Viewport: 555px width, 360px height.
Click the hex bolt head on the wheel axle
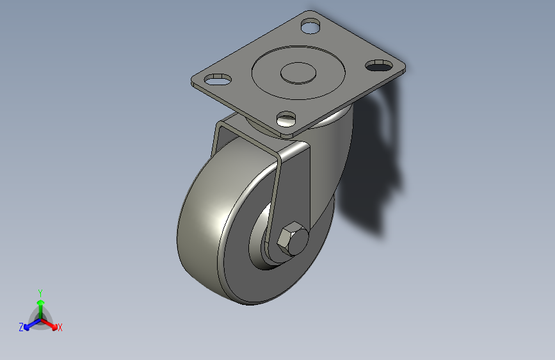(x=291, y=239)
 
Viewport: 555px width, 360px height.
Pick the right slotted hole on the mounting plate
(x=380, y=65)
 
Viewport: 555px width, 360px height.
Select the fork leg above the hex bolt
(x=294, y=186)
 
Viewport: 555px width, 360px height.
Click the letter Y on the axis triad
(x=40, y=292)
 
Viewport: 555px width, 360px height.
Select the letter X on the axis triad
(x=60, y=328)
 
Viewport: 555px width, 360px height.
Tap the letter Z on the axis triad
(x=21, y=327)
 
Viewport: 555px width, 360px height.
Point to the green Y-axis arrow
(x=40, y=304)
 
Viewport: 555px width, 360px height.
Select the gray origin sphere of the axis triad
(x=40, y=318)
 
